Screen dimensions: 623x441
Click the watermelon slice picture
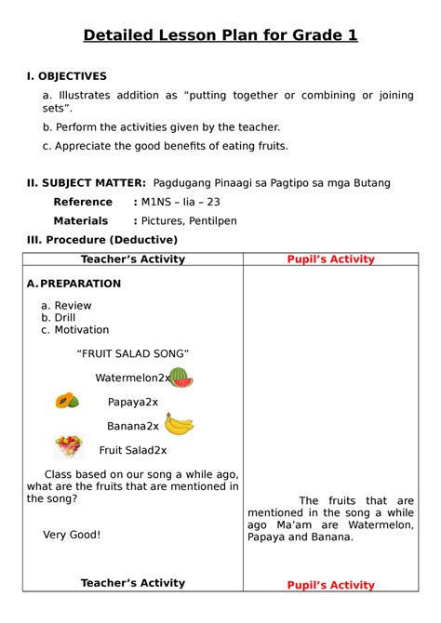(x=180, y=378)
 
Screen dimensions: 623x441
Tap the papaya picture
(x=67, y=401)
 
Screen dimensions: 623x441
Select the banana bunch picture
(x=180, y=424)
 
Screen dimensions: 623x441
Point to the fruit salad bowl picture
(x=69, y=446)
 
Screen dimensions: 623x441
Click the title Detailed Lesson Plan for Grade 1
(x=220, y=36)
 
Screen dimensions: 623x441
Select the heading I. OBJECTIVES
(x=66, y=76)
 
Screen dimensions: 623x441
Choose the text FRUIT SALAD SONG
(x=133, y=353)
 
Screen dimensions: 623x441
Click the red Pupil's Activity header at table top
(x=329, y=259)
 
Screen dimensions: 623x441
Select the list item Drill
(x=64, y=318)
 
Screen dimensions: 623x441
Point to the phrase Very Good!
(x=72, y=535)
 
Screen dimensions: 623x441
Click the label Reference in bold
(x=83, y=202)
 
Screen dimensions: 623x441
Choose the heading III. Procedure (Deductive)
(x=102, y=240)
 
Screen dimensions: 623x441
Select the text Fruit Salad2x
(x=133, y=450)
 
